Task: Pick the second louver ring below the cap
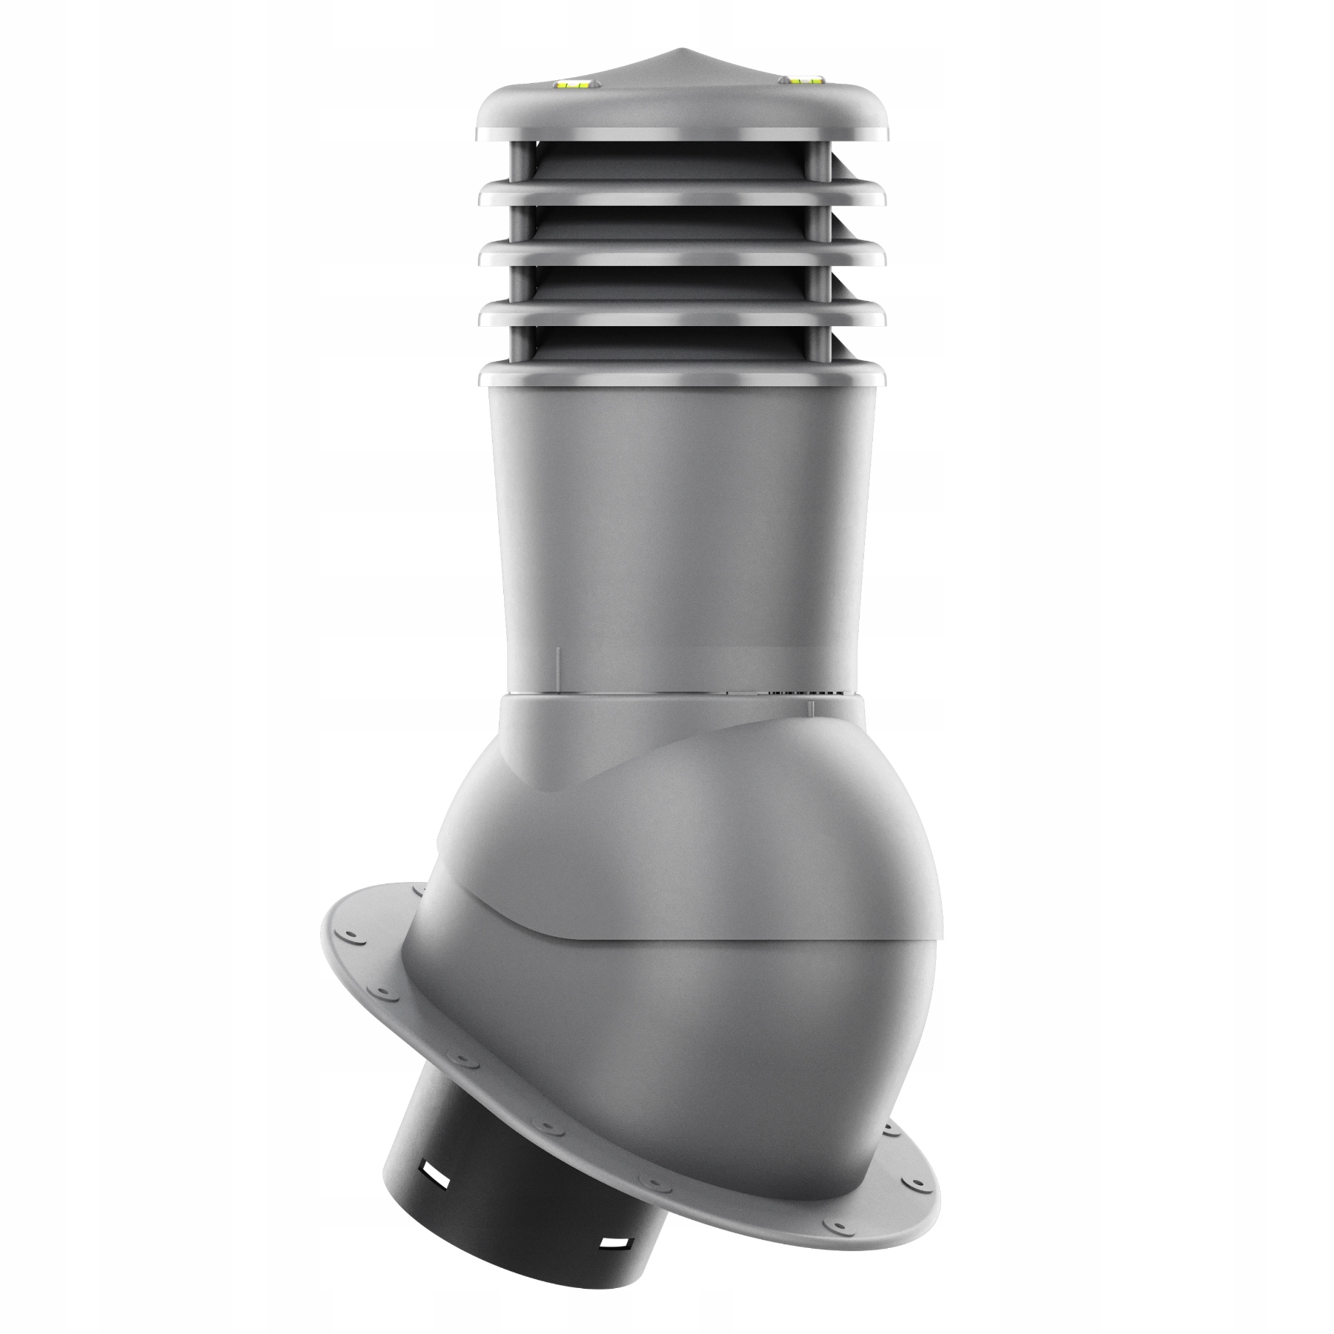pos(682,256)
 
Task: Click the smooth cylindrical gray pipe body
pos(682,534)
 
